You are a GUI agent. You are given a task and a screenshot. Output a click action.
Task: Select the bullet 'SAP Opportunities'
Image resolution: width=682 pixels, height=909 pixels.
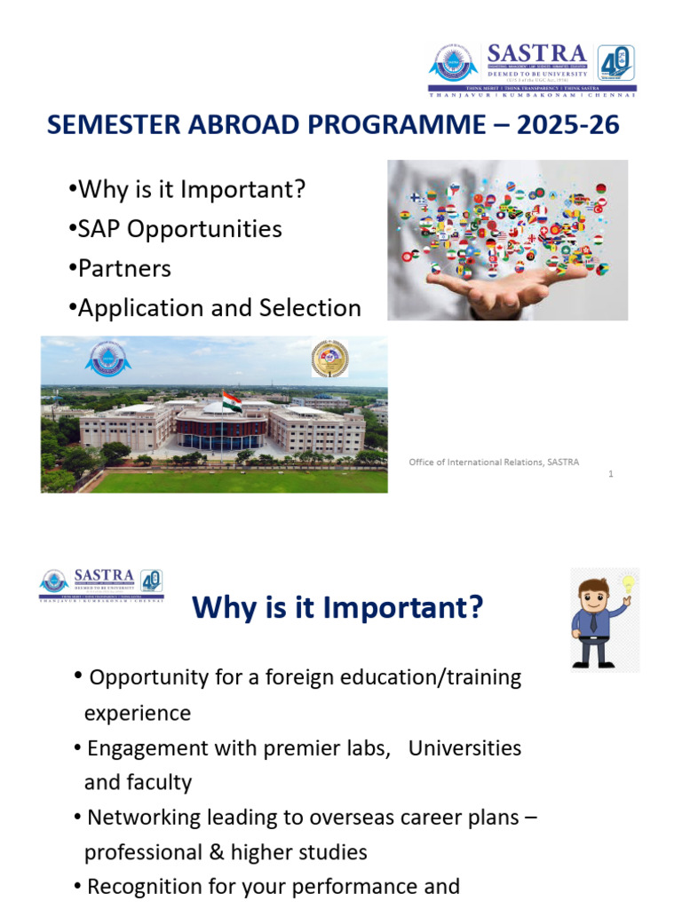coord(179,228)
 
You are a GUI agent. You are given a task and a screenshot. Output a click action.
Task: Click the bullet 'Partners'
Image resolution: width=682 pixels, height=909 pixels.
coord(124,268)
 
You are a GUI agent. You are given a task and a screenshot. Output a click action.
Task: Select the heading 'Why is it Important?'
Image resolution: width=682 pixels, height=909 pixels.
coord(337,608)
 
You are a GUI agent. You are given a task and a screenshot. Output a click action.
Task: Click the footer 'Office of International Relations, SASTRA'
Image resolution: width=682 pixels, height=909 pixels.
coord(494,462)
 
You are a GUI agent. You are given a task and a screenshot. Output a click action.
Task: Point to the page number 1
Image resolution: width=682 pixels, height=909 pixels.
coord(611,474)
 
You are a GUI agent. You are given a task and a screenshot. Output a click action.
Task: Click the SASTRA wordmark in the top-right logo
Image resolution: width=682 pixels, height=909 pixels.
coord(536,54)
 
